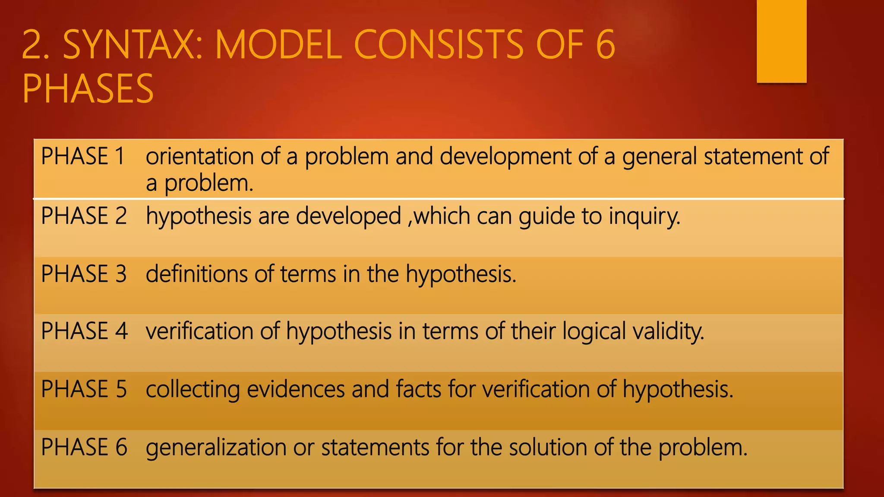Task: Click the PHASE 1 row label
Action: click(83, 156)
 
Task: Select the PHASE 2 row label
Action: click(84, 216)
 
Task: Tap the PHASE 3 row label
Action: click(84, 274)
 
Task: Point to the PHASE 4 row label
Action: click(84, 331)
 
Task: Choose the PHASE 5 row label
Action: click(84, 389)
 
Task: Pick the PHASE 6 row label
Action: click(84, 447)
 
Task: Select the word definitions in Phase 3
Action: click(196, 274)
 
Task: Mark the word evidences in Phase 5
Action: click(296, 389)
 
